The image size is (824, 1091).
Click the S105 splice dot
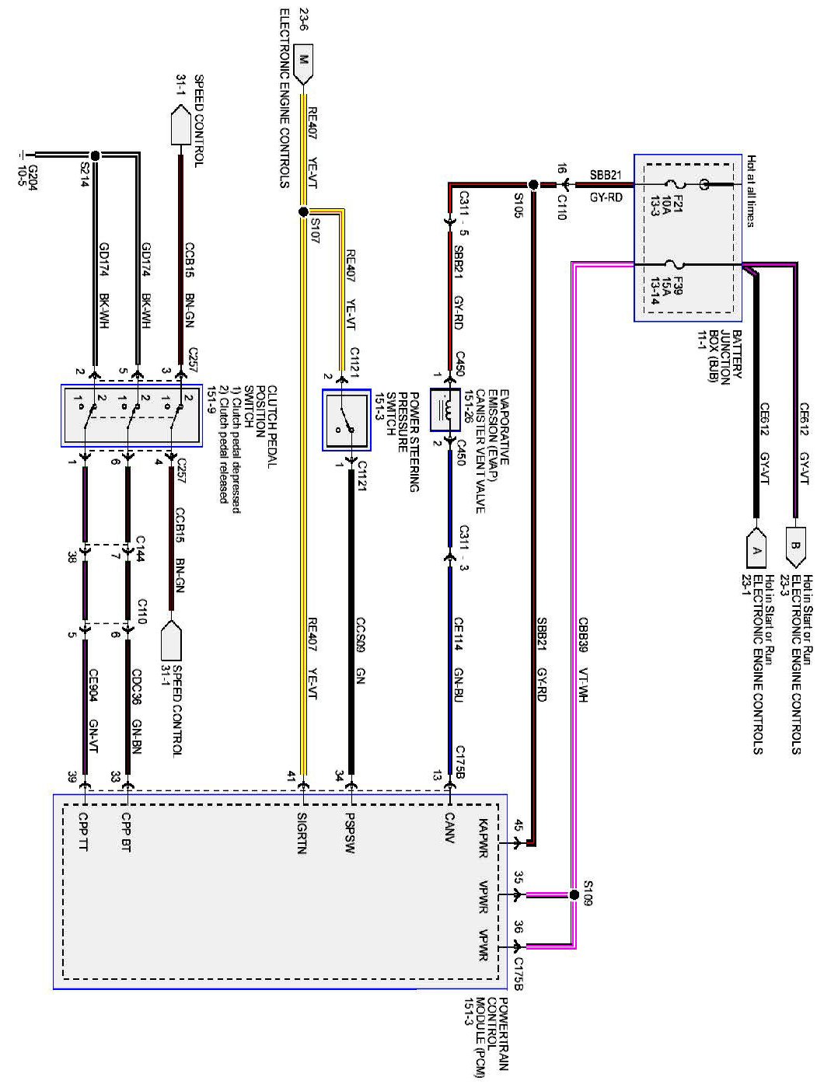coord(533,185)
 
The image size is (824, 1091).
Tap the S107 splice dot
coord(303,211)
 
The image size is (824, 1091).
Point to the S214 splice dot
coord(95,154)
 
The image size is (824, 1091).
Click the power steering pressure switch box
coord(347,420)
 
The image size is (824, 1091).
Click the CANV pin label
coord(449,828)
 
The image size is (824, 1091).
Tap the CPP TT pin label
coord(83,831)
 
